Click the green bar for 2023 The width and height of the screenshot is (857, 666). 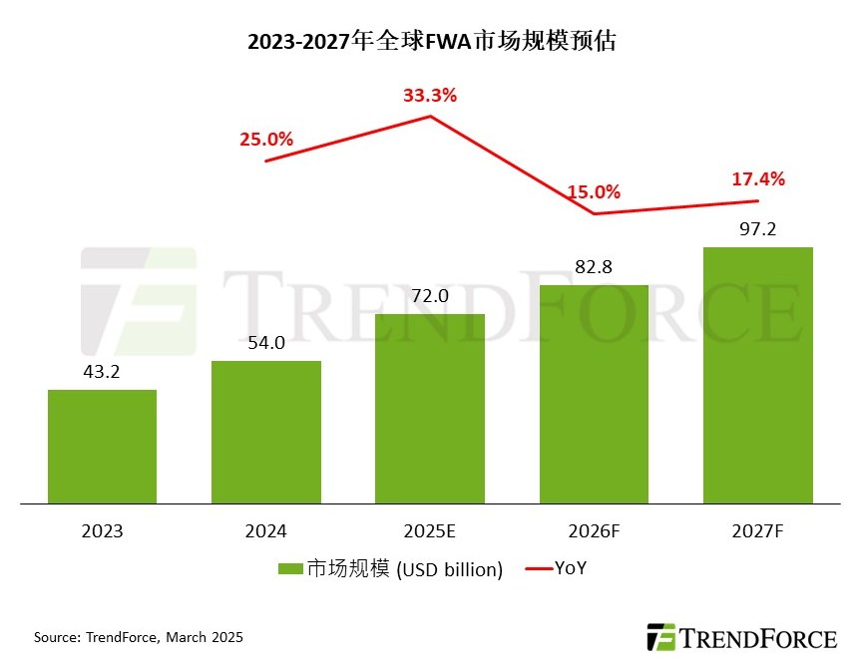tap(102, 447)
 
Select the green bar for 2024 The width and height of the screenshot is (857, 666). tap(266, 432)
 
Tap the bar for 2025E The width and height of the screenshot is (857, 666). tap(430, 409)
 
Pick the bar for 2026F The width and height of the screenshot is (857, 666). tap(594, 394)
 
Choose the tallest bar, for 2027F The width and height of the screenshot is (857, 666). tap(758, 375)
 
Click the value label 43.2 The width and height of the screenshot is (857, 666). tap(102, 371)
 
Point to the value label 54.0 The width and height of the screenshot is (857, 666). tap(266, 343)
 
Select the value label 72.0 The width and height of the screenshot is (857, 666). tap(430, 296)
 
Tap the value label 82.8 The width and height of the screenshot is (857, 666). tap(594, 267)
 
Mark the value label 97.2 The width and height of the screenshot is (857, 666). tap(758, 229)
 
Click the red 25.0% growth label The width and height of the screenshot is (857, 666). tap(265, 140)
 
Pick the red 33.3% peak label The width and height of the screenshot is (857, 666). tap(430, 96)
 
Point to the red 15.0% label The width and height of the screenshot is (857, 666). tap(594, 191)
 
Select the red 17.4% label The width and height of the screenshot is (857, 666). tap(758, 179)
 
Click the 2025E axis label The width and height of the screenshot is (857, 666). tap(430, 531)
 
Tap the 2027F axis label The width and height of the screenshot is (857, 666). tap(758, 531)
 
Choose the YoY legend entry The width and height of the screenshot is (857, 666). tap(570, 568)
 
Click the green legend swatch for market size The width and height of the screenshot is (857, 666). tap(290, 569)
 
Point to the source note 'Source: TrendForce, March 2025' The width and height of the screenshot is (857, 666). tap(139, 636)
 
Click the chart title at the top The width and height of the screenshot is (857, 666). tap(428, 42)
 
